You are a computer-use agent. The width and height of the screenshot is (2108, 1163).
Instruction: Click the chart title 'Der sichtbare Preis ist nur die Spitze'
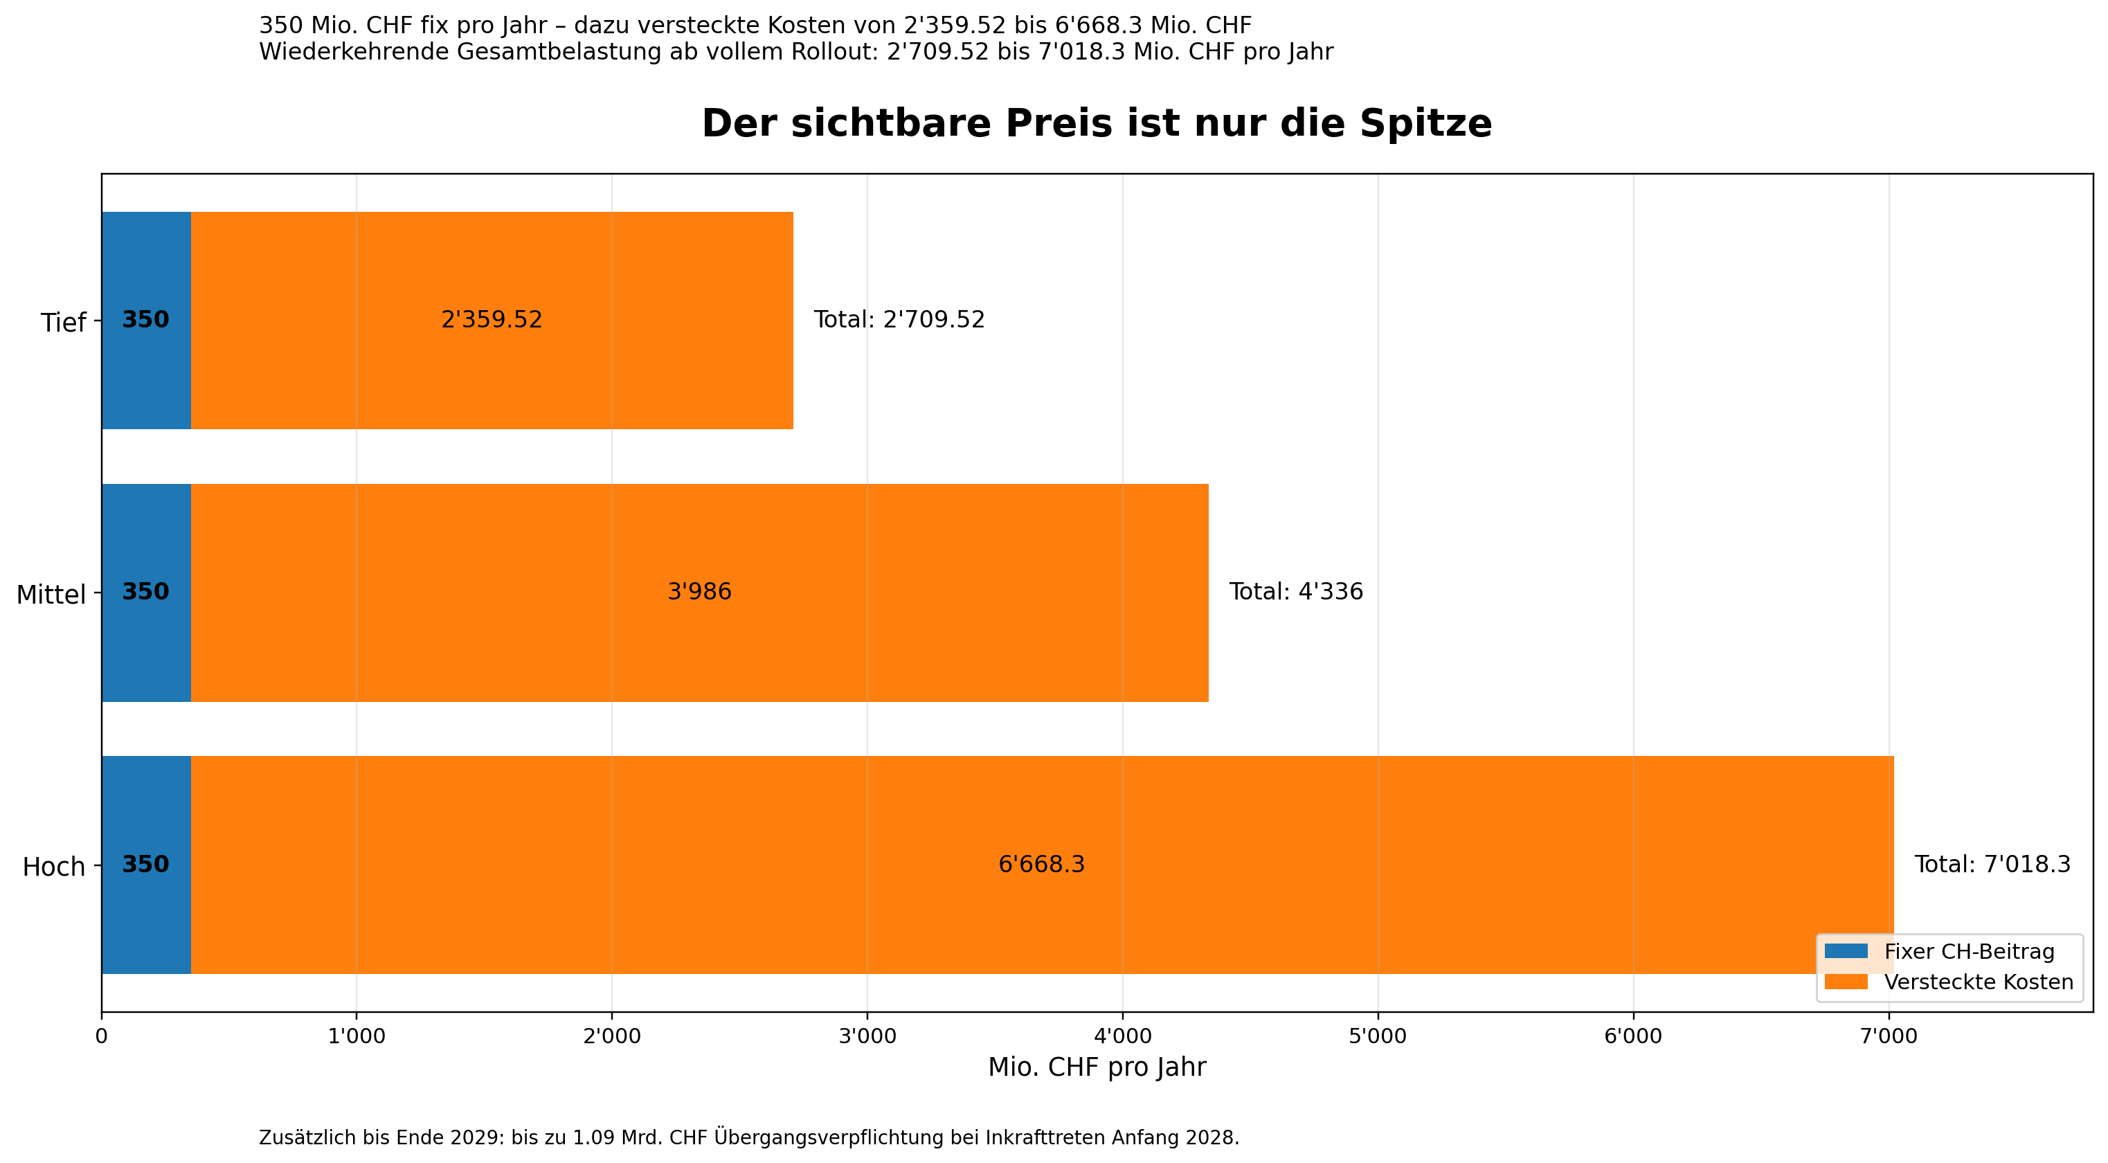click(1096, 124)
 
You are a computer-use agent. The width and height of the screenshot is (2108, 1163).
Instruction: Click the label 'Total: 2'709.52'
click(899, 319)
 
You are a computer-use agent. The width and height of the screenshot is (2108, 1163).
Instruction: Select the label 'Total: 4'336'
click(1295, 592)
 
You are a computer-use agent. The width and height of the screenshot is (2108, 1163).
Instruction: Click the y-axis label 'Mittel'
click(51, 595)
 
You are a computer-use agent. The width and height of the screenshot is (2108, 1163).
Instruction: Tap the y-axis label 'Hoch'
click(54, 867)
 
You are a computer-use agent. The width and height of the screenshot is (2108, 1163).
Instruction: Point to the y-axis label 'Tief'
click(63, 323)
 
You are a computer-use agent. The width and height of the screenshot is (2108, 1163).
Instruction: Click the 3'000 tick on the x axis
click(867, 1037)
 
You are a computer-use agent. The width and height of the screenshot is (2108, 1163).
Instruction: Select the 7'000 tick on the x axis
click(1888, 1037)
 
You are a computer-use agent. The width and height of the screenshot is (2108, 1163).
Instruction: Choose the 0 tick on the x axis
click(102, 1037)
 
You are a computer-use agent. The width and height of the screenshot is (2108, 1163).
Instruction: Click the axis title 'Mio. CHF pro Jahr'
click(1096, 1067)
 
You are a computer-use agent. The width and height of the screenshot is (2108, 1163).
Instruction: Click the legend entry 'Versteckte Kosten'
click(1978, 982)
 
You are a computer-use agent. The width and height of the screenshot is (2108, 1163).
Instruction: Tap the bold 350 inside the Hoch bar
click(145, 864)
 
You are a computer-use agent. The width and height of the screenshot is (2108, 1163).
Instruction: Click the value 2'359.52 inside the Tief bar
click(491, 319)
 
